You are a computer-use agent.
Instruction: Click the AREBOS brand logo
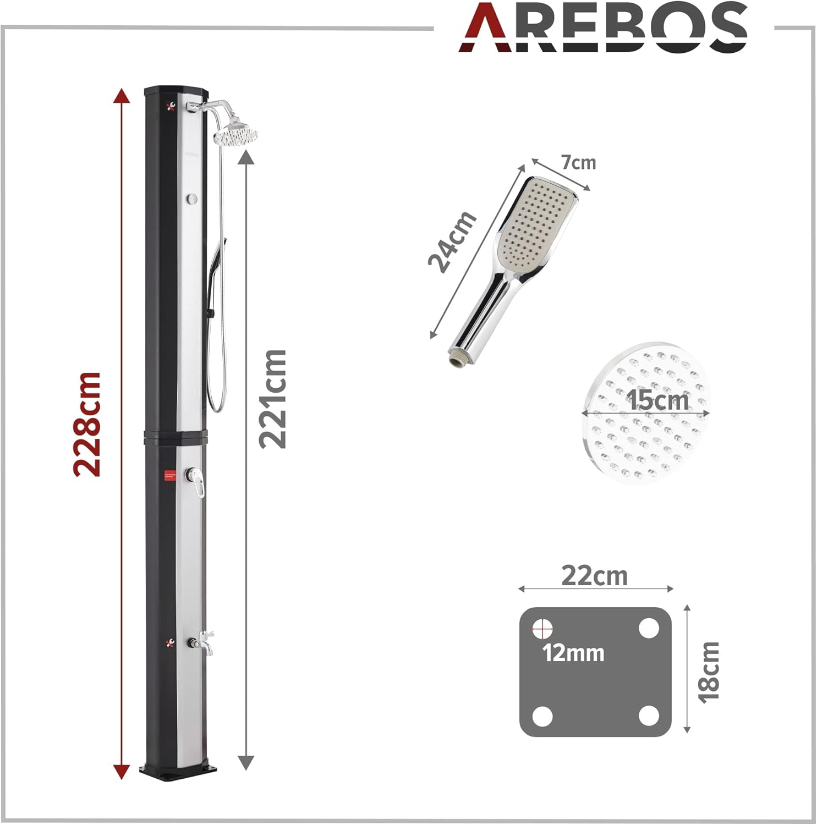pos(603,28)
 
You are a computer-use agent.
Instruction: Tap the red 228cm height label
pos(87,424)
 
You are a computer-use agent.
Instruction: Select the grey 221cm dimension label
pos(273,399)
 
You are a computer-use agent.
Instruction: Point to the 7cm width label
pos(578,163)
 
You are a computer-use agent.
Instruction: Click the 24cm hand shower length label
pos(452,242)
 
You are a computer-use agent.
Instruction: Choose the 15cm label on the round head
pos(657,399)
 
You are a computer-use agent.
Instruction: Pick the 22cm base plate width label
pos(594,576)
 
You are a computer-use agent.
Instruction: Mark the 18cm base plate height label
pos(709,672)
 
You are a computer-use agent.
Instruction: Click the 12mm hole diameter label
pos(573,653)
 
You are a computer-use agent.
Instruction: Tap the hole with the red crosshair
pos(542,628)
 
